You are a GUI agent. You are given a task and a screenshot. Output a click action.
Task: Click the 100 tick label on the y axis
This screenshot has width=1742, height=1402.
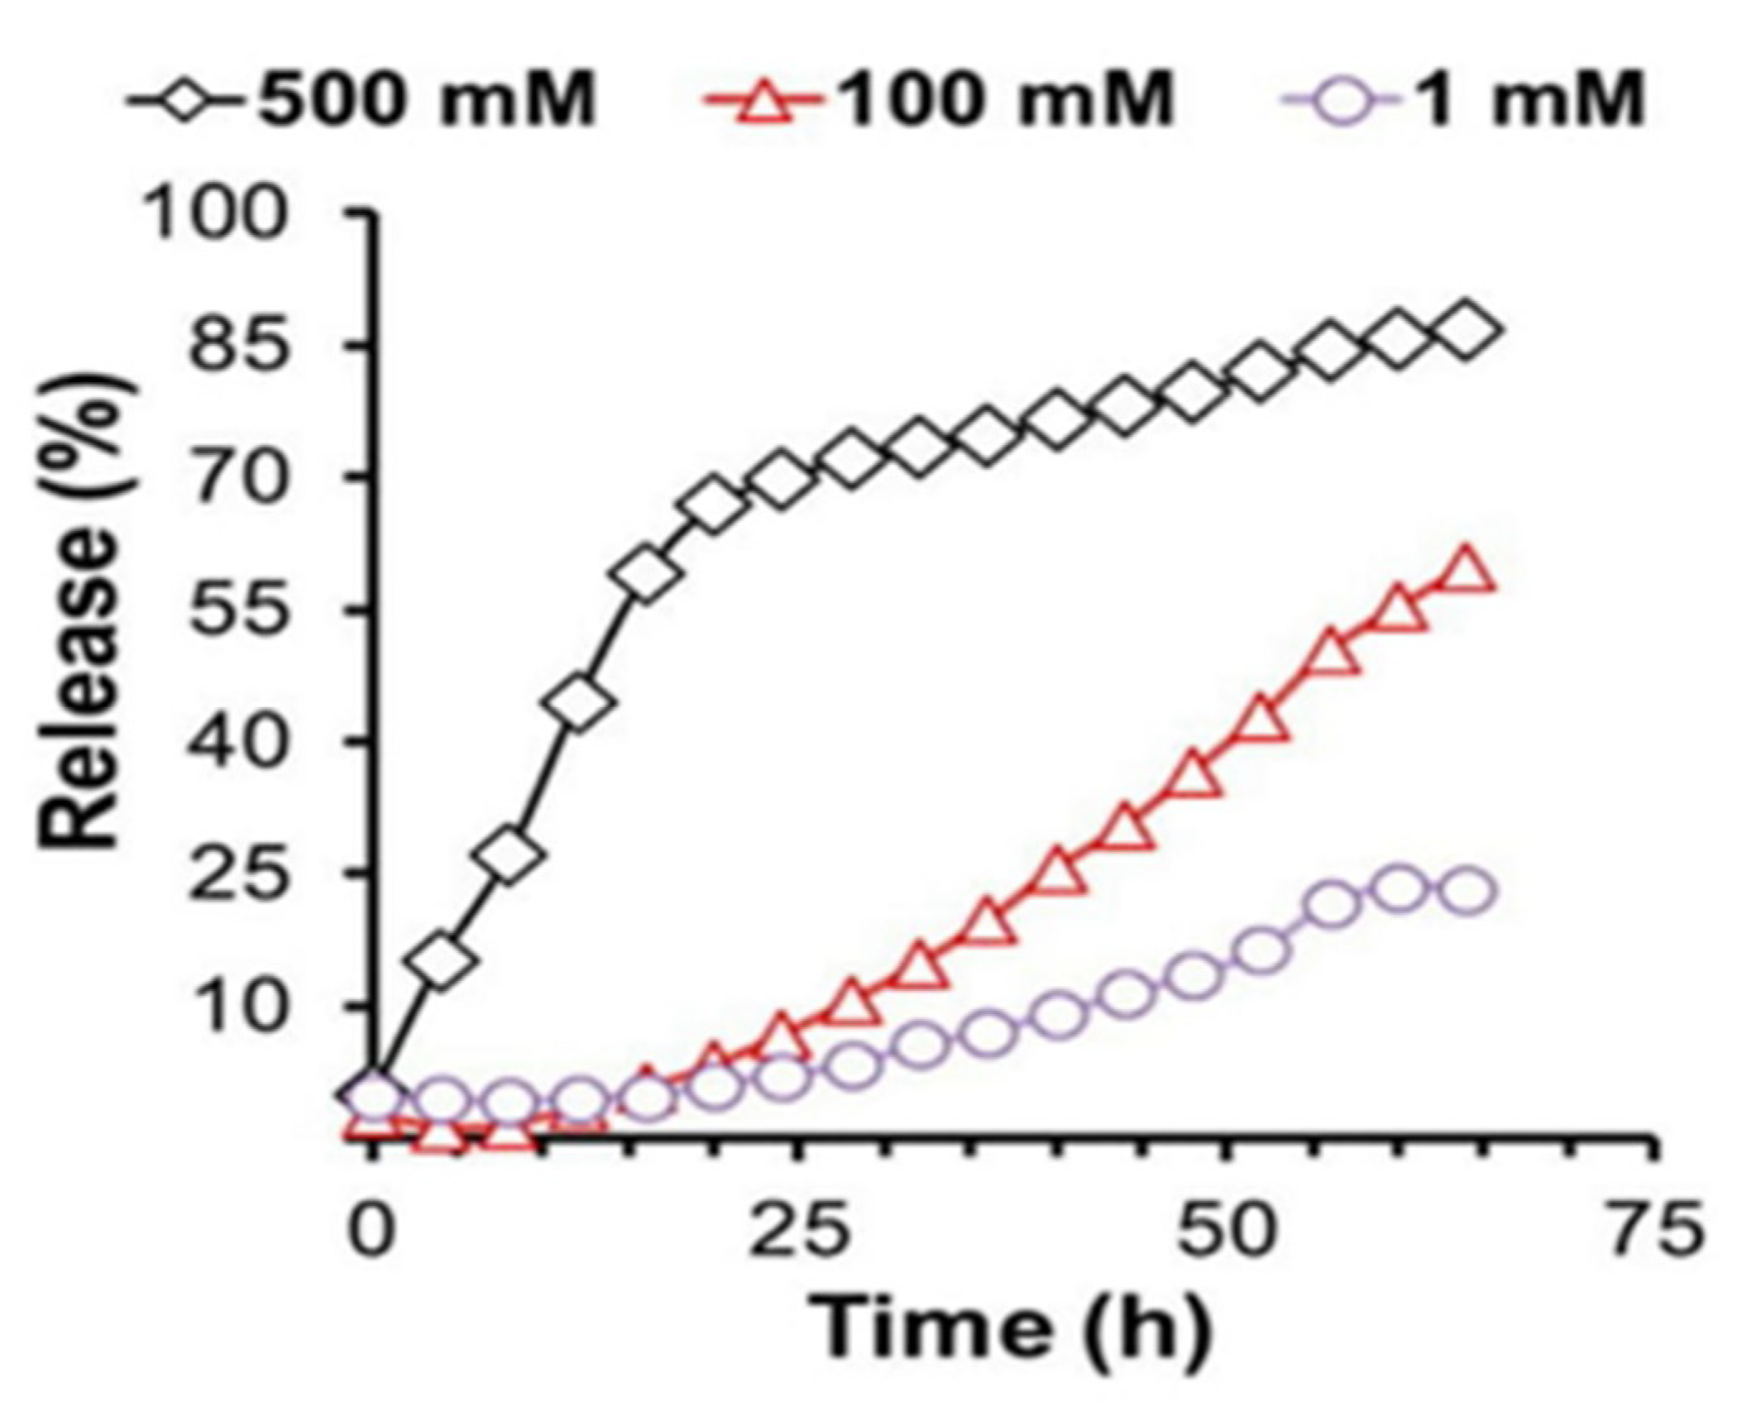coord(217,214)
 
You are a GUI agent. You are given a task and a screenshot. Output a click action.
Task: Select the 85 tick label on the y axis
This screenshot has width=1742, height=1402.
coord(240,346)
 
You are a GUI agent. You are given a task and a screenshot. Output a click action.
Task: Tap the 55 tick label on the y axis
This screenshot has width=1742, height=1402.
coord(240,610)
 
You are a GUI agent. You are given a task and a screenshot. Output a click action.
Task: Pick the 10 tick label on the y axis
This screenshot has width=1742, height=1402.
coord(240,1005)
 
